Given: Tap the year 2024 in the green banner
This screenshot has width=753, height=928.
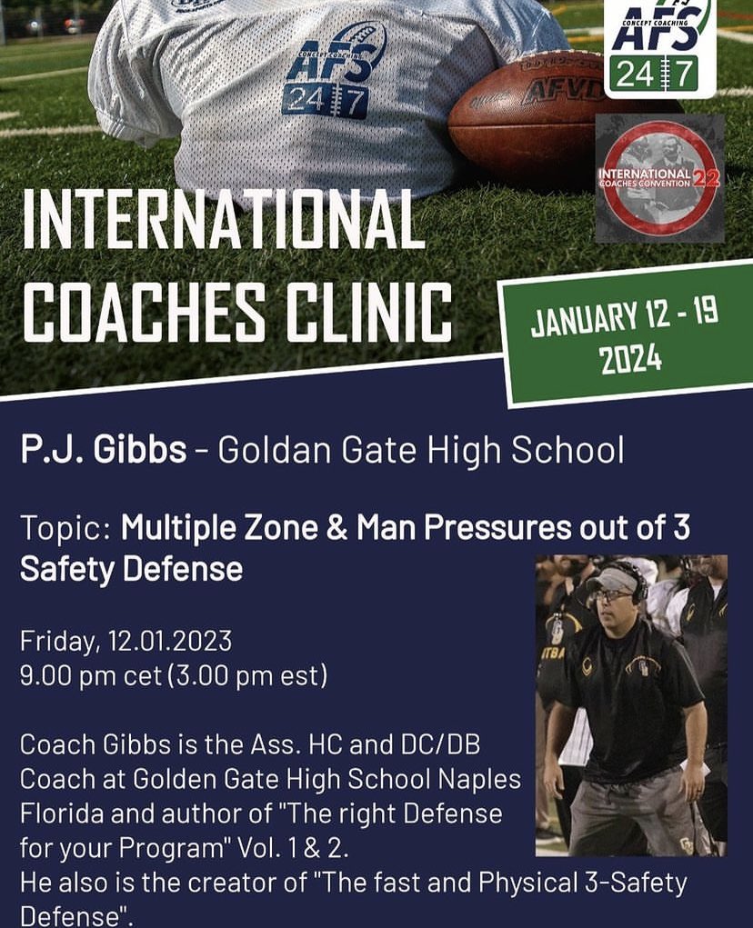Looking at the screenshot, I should pyautogui.click(x=630, y=359).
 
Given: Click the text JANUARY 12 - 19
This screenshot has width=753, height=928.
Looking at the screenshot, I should pyautogui.click(x=625, y=318).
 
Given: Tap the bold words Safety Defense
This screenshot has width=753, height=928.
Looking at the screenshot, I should pyautogui.click(x=131, y=569).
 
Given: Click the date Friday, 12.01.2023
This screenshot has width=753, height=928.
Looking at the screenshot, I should pyautogui.click(x=125, y=641).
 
